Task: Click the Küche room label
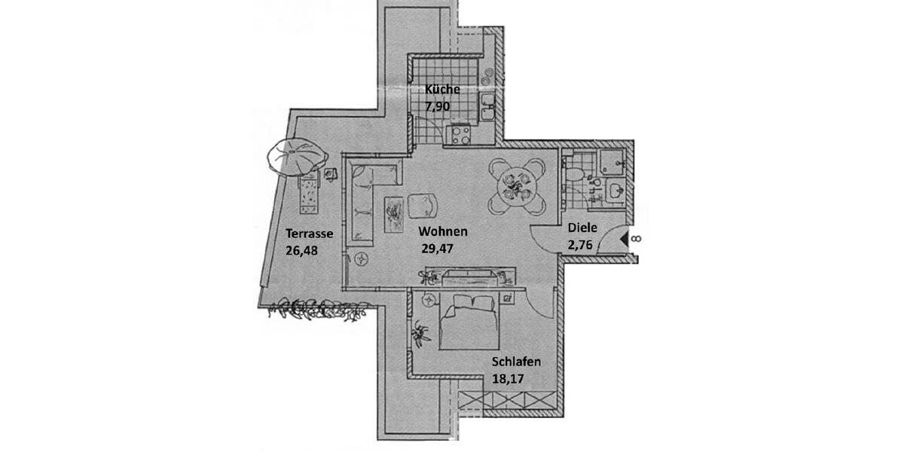[442, 90]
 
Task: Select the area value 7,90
[438, 106]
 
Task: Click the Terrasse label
[309, 234]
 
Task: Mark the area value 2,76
[582, 243]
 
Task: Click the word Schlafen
[516, 362]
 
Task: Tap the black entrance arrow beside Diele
[624, 240]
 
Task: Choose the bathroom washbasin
[614, 190]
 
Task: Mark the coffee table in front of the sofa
[393, 214]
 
